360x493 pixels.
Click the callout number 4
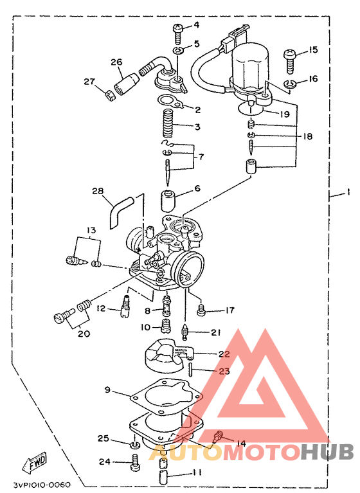[196, 24]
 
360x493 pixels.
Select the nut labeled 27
[109, 95]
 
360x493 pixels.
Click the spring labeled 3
[168, 123]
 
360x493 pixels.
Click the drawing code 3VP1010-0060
[42, 485]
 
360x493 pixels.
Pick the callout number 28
[98, 191]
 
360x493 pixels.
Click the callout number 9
[107, 390]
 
